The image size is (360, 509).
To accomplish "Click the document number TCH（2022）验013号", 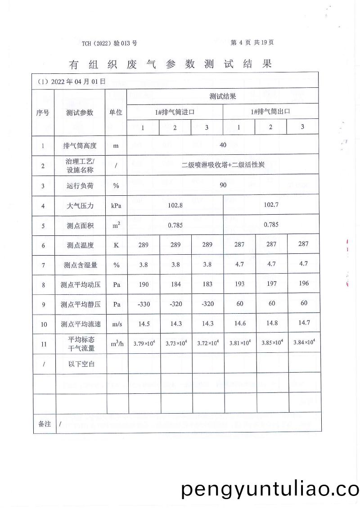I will [x=109, y=43].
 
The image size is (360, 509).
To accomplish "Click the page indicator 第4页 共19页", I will [x=252, y=42].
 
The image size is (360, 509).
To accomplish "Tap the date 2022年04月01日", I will [x=72, y=81].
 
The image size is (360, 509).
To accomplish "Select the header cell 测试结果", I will [x=223, y=96].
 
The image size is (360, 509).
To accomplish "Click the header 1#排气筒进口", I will [x=175, y=112].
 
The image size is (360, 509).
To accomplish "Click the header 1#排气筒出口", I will [x=270, y=112].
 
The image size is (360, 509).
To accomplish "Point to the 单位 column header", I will [x=116, y=113].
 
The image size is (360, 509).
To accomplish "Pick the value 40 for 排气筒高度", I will [x=223, y=145].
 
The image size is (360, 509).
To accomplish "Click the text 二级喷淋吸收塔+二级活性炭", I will [x=223, y=165].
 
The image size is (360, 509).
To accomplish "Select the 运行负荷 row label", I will [x=80, y=185].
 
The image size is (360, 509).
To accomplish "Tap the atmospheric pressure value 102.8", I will [x=175, y=205].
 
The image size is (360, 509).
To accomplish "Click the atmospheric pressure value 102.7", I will [x=271, y=205].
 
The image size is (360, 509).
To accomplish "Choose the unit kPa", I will [x=116, y=206].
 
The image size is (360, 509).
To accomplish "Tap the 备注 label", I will [x=44, y=424].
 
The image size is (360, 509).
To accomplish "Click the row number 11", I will [x=43, y=344].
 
